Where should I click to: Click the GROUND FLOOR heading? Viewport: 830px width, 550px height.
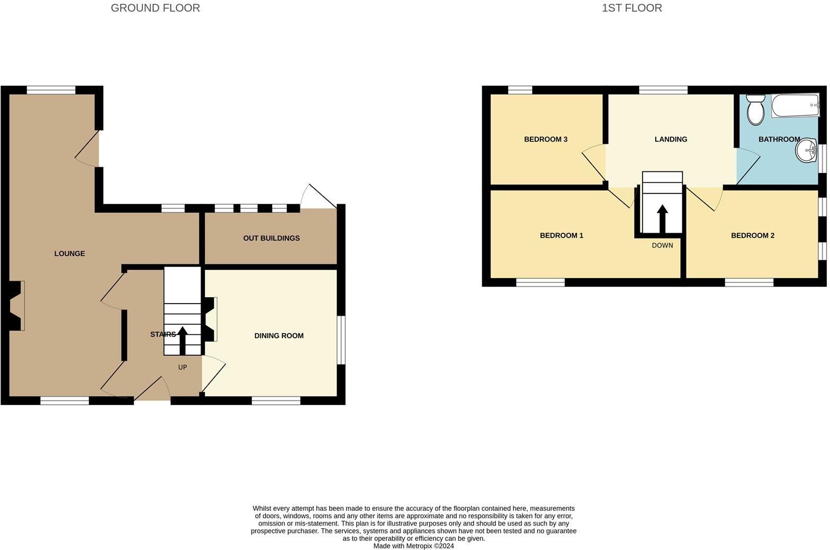[155, 8]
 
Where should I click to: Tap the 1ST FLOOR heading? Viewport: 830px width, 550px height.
[631, 8]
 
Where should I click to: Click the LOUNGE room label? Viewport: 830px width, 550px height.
[69, 253]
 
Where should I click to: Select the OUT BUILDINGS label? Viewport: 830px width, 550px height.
[271, 238]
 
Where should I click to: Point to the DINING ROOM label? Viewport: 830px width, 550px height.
[278, 335]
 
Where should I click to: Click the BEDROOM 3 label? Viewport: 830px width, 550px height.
[545, 139]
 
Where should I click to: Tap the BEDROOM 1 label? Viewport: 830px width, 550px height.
[561, 235]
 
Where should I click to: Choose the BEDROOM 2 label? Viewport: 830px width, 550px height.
[752, 235]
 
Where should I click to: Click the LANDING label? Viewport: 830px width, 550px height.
[671, 139]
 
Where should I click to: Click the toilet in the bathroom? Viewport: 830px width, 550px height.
[755, 109]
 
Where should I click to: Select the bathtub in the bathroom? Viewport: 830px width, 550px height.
[795, 106]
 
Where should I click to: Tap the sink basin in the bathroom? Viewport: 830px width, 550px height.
[806, 150]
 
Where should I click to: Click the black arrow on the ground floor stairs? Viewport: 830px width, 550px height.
[183, 340]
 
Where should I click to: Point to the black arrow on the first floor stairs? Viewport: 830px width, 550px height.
[662, 218]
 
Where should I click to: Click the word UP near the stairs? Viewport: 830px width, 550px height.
[183, 367]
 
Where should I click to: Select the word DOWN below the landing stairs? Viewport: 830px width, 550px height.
[662, 245]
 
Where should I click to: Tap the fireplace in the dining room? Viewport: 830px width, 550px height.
[210, 319]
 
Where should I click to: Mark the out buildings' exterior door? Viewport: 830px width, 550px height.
[318, 197]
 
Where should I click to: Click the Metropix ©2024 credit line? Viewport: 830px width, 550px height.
[413, 546]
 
